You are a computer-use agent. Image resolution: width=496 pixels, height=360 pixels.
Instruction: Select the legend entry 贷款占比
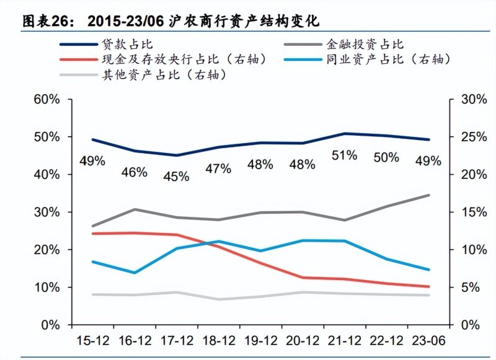coord(127,44)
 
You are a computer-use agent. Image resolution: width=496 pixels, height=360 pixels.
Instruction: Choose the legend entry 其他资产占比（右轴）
coord(163,75)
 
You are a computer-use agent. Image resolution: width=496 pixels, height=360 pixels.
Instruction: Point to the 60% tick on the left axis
coord(47,99)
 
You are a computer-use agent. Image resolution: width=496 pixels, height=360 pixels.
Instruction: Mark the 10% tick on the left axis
coord(47,288)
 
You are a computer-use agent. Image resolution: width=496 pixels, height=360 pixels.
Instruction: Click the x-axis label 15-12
coord(92,341)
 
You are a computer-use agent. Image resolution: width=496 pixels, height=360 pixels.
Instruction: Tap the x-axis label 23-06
coord(428,341)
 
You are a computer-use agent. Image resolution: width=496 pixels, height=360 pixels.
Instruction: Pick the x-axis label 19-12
coord(260,341)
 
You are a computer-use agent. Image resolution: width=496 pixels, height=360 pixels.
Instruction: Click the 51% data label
coord(344,156)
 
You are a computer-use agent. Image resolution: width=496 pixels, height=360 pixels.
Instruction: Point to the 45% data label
coord(176,177)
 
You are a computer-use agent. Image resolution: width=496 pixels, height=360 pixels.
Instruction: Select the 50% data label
coord(386,157)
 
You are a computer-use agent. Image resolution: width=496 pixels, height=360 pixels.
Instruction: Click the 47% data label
coord(218,169)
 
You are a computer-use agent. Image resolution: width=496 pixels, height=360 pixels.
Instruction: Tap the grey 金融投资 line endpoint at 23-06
coord(428,195)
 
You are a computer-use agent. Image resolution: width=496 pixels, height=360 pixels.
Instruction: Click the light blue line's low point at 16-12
coord(134,273)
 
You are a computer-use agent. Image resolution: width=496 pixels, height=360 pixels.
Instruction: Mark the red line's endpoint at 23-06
coord(428,287)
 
